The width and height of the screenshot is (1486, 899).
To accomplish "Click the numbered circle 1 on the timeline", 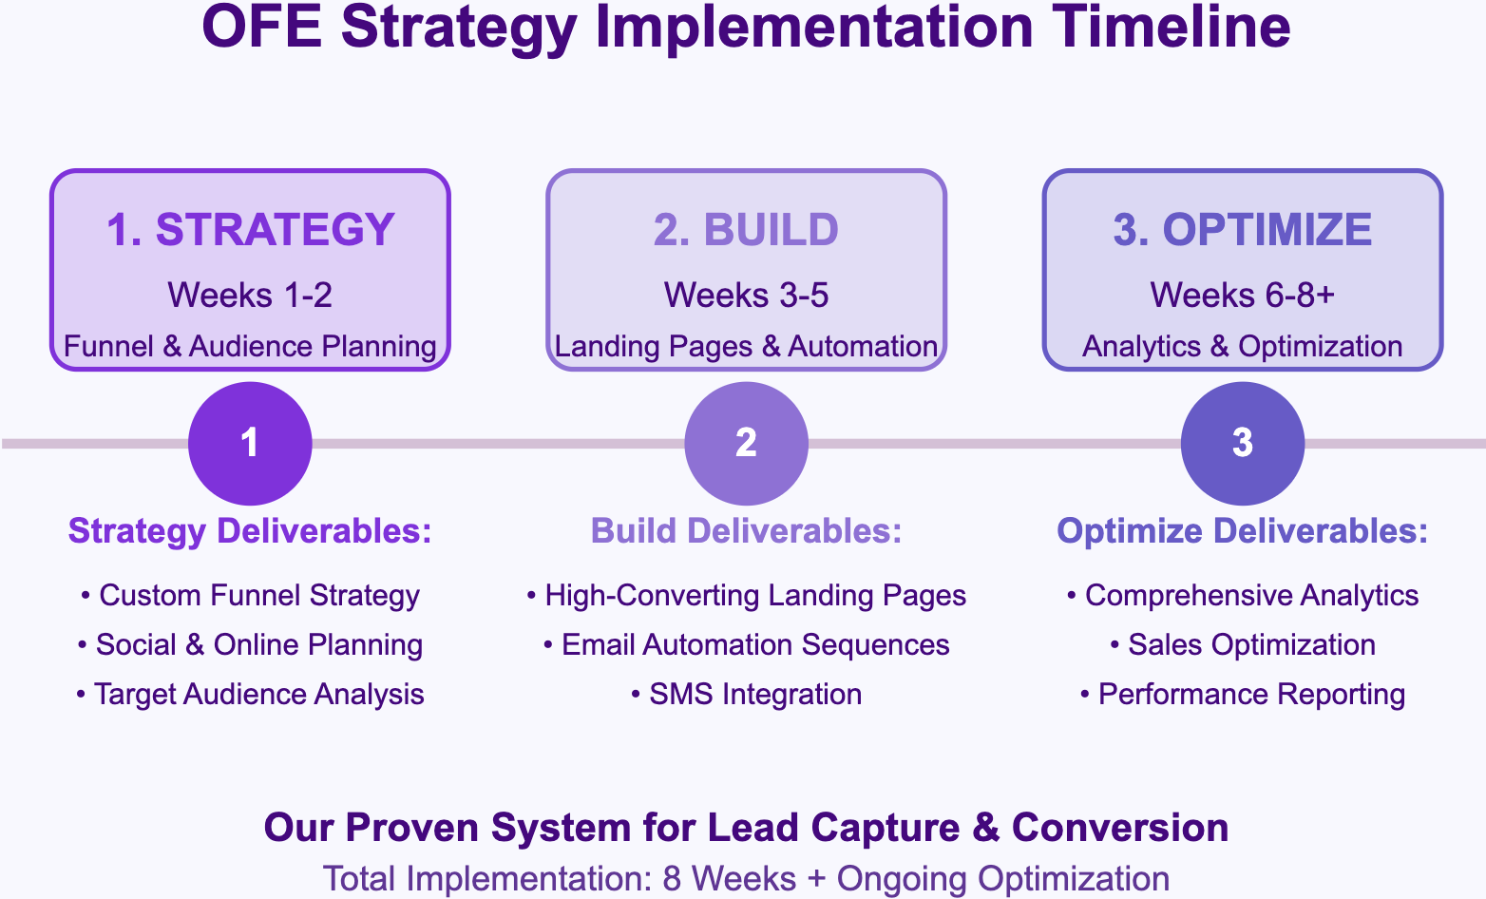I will (250, 443).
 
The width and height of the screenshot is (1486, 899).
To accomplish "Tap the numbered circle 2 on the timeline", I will (746, 443).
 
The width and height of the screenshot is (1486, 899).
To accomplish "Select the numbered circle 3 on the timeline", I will (1242, 443).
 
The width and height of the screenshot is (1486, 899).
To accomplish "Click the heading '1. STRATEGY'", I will (250, 230).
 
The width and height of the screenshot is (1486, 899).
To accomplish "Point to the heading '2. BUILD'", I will (746, 230).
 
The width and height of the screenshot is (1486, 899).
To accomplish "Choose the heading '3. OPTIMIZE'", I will (1242, 230).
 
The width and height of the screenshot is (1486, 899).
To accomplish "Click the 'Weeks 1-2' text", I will (250, 296).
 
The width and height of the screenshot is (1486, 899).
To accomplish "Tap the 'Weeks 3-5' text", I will (746, 296).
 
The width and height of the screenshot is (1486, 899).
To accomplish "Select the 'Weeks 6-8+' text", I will (1242, 296).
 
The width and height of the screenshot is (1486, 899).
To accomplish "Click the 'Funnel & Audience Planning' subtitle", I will (250, 346).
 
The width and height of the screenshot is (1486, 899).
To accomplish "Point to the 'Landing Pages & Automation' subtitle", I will (746, 346).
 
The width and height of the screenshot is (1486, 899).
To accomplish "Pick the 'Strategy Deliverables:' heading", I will (250, 531).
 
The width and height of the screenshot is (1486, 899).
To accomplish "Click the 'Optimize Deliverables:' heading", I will (1242, 531).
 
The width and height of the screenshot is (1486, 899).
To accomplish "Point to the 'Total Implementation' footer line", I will (746, 878).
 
